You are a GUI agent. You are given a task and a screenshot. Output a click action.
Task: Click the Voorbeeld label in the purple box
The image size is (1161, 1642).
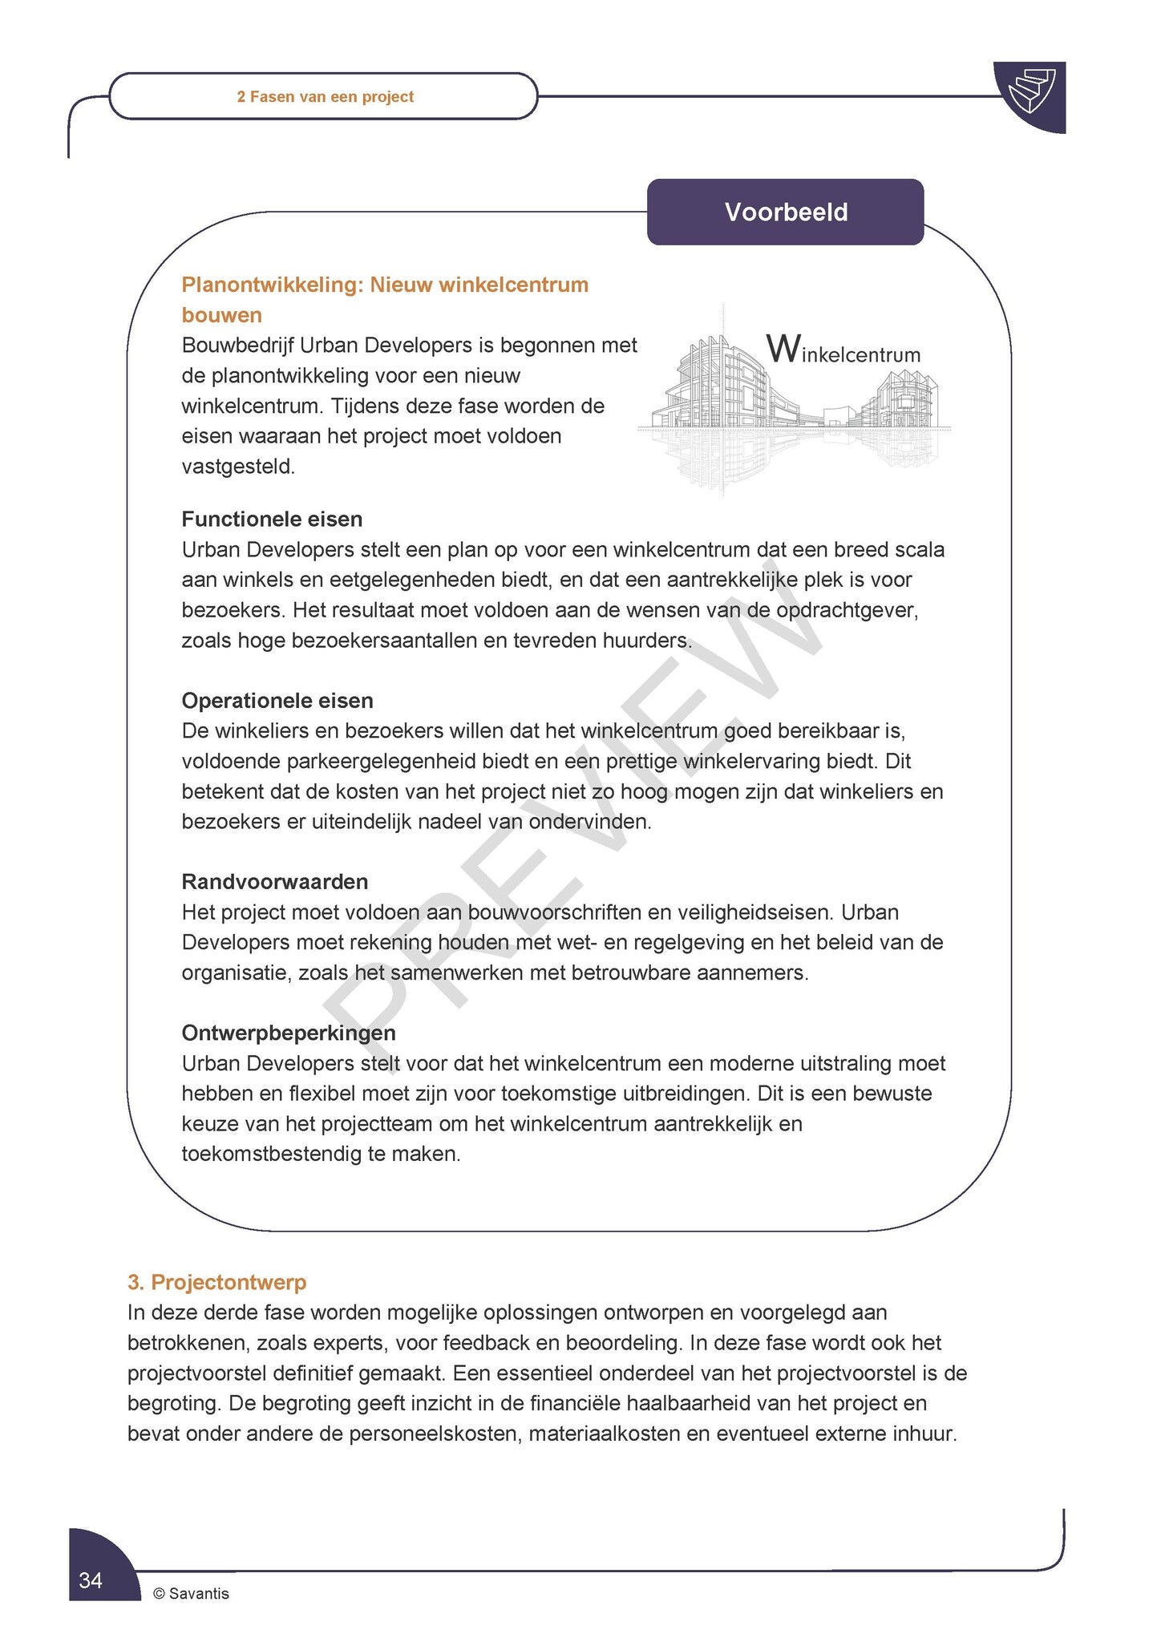[x=786, y=212]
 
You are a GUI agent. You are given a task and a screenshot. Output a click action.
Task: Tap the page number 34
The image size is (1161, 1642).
[x=91, y=1579]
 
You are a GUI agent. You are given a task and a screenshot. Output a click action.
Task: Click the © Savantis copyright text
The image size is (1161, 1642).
[x=191, y=1593]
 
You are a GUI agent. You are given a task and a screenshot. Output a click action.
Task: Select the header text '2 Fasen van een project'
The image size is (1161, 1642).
[x=326, y=97]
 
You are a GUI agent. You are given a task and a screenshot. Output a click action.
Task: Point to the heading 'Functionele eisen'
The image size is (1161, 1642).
[x=272, y=519]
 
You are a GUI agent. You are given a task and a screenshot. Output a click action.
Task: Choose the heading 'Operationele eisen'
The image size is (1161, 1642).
[x=277, y=700]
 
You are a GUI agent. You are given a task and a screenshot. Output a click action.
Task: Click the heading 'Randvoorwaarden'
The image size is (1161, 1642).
[x=275, y=881]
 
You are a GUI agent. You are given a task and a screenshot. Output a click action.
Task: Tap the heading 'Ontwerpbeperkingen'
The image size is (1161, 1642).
[x=289, y=1032]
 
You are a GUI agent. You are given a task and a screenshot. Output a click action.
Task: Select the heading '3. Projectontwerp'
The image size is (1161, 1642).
[x=217, y=1282]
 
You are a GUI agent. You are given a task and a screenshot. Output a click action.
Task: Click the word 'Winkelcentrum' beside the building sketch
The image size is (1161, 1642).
[x=843, y=351]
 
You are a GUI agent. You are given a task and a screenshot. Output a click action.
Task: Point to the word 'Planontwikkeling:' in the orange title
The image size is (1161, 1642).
[x=273, y=285]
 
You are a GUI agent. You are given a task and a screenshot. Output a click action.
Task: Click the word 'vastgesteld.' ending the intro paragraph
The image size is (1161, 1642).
[x=238, y=466]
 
